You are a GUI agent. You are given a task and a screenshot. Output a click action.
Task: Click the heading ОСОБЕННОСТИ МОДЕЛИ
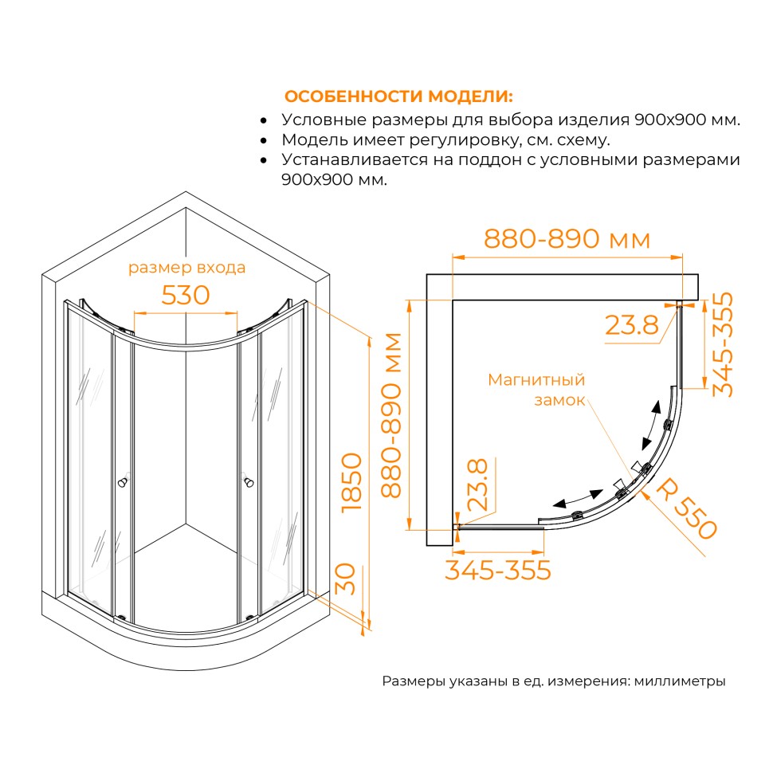[398, 96]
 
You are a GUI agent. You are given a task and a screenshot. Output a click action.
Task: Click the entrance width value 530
[186, 296]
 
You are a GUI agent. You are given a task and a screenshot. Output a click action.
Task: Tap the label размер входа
[186, 267]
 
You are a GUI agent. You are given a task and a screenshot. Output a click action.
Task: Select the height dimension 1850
[352, 483]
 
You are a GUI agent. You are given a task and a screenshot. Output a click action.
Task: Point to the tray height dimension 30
[346, 579]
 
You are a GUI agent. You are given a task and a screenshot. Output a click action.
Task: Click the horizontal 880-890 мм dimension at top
[567, 239]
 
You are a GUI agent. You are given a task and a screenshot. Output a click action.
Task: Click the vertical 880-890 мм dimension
[392, 415]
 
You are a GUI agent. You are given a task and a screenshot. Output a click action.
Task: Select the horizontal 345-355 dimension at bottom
[498, 571]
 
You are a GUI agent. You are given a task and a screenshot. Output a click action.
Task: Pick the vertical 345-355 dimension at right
[723, 344]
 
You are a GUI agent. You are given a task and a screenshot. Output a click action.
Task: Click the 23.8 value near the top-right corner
[631, 325]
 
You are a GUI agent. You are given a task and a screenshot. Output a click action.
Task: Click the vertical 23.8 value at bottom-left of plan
[477, 485]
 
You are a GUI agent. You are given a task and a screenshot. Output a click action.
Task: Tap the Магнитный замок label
[536, 390]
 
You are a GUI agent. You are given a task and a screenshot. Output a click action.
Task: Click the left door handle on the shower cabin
[124, 481]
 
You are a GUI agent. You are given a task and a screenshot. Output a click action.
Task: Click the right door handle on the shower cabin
[248, 481]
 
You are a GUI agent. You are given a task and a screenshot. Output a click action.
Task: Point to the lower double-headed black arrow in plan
[578, 498]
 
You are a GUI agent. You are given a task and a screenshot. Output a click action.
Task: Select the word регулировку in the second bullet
[465, 140]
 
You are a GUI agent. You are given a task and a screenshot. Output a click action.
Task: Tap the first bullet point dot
[264, 121]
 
